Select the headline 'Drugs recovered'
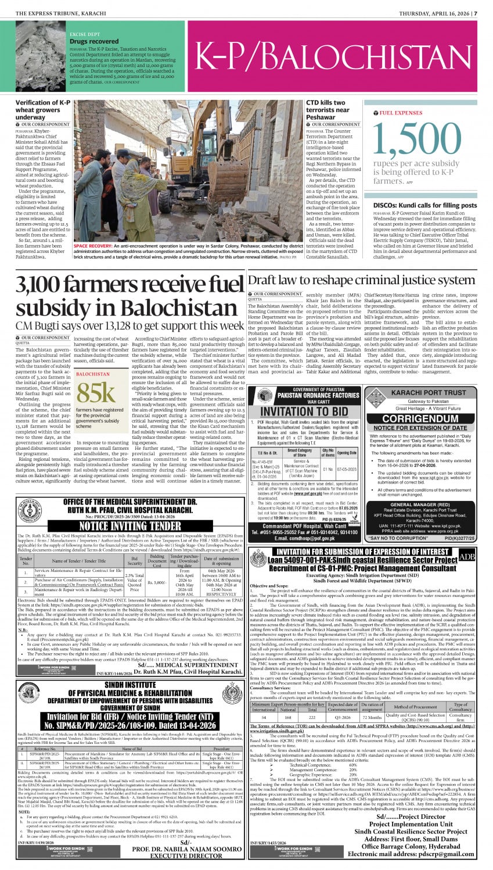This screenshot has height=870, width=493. tap(93, 42)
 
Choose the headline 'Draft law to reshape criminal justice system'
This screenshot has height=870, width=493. tap(362, 281)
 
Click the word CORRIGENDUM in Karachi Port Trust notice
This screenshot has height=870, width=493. tap(421, 418)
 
